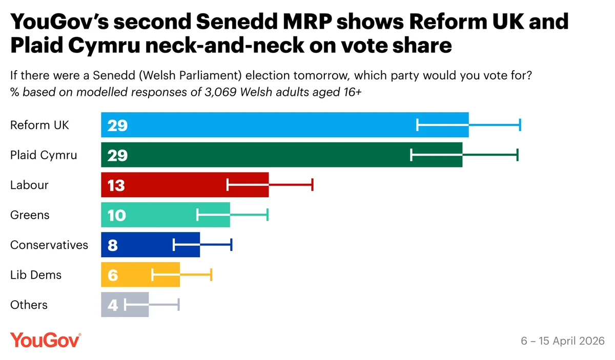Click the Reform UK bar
tap(284, 125)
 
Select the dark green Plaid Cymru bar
tap(281, 155)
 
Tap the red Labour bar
tap(184, 185)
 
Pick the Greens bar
tap(165, 215)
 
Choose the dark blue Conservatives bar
tap(150, 245)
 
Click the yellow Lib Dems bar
tap(140, 275)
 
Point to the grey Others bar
tap(125, 305)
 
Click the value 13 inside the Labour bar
tap(116, 185)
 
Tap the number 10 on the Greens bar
tap(116, 215)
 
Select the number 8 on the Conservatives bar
tap(113, 245)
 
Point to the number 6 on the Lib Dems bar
tap(113, 275)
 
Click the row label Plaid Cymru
tap(44, 155)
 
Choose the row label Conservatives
tap(49, 245)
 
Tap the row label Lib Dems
tap(36, 275)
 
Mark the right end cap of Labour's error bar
tap(312, 185)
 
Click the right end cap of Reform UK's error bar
tap(520, 125)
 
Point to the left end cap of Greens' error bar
tap(197, 215)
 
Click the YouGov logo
tap(45, 340)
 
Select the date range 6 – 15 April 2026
tap(563, 341)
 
